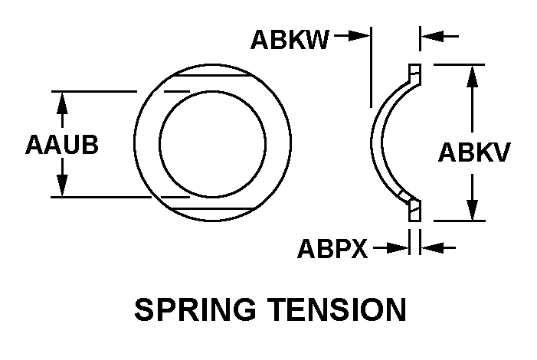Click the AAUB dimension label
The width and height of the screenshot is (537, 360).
62,145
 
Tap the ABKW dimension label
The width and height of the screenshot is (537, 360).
290,40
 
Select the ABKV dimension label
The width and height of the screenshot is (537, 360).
474,153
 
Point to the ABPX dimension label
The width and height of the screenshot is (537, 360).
332,248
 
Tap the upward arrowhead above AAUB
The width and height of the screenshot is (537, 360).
62,102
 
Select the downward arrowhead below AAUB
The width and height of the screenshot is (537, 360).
62,187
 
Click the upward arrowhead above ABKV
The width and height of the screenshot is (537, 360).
473,76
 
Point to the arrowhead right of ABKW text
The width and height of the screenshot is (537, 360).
359,35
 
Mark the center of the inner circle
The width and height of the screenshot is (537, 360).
213,146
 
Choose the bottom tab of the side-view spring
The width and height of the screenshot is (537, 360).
414,211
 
